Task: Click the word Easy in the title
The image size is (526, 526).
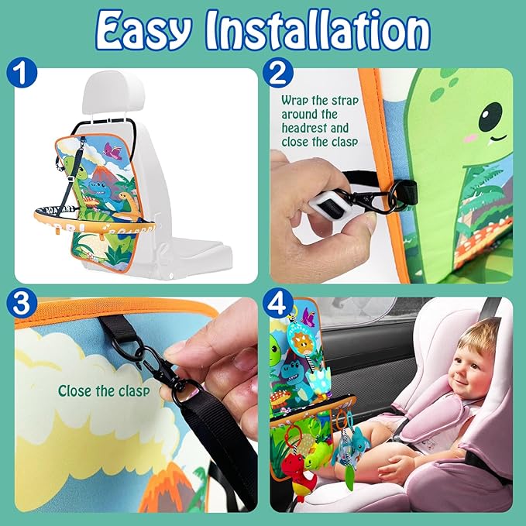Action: (x=143, y=30)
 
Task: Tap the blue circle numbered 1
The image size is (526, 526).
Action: (x=22, y=73)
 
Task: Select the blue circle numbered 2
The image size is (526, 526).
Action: (x=277, y=73)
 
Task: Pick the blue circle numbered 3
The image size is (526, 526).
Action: (x=22, y=303)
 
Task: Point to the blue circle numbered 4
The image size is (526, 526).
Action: (x=277, y=303)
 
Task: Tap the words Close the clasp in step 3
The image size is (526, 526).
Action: (x=104, y=390)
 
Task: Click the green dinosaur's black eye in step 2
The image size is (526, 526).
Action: (x=490, y=117)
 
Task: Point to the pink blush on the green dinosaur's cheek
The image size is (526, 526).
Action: (x=472, y=138)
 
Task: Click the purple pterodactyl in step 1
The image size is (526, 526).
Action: (x=113, y=151)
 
